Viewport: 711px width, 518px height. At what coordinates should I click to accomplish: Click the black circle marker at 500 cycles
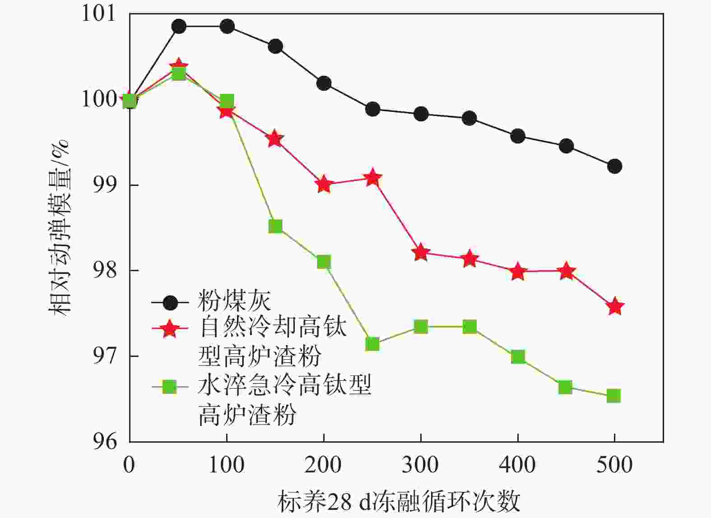tap(614, 166)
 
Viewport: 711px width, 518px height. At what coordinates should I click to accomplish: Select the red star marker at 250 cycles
tap(372, 178)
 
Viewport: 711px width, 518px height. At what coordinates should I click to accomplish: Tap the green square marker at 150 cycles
tap(275, 226)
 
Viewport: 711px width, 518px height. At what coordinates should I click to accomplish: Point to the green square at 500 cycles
tap(613, 396)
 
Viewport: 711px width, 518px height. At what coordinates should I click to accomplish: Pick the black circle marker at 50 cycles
tap(179, 27)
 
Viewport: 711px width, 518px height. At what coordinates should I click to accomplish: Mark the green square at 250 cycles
tap(372, 344)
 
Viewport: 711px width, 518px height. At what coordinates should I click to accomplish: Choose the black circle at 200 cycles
tap(324, 83)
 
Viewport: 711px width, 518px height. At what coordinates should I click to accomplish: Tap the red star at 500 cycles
tap(615, 307)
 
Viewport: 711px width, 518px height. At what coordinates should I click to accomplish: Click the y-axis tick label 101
tap(98, 14)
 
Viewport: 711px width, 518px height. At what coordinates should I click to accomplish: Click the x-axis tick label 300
tap(420, 465)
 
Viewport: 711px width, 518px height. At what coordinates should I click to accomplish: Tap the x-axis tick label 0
tap(130, 465)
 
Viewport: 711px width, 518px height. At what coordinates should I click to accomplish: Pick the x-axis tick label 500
tap(614, 465)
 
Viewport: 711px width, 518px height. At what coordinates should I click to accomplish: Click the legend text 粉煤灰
tap(234, 301)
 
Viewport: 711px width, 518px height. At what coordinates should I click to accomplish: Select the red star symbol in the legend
tap(170, 328)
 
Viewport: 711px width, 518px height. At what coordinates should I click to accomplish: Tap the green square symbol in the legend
tap(170, 386)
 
